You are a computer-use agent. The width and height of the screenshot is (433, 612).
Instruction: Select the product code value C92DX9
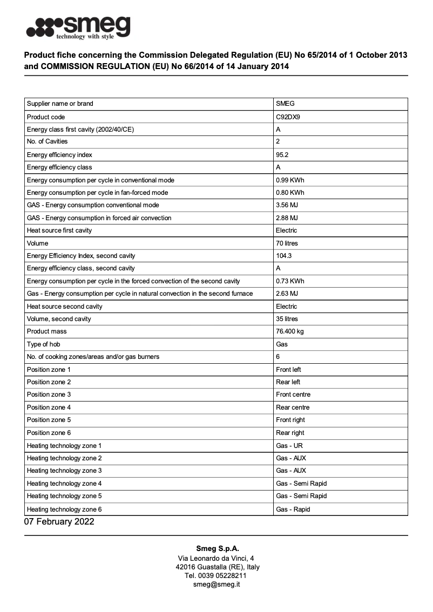click(x=288, y=117)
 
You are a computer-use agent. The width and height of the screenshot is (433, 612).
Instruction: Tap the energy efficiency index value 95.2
click(x=282, y=155)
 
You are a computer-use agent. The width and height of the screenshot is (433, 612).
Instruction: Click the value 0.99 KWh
click(x=290, y=180)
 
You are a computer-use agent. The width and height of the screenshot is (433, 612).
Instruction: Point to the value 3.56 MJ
click(x=287, y=205)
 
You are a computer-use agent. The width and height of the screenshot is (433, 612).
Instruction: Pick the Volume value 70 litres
click(x=287, y=243)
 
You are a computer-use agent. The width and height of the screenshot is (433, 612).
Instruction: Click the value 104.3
click(x=284, y=256)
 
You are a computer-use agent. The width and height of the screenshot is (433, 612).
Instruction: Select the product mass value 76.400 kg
click(x=292, y=331)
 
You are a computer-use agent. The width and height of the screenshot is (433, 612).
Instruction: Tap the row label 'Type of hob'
click(x=43, y=344)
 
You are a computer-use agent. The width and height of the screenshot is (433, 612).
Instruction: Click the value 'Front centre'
click(x=293, y=395)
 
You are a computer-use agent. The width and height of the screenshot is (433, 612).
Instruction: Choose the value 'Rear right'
click(x=290, y=433)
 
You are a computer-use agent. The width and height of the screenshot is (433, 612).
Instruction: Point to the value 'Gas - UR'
click(x=289, y=446)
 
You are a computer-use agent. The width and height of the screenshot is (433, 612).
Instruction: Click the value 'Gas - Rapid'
click(x=293, y=509)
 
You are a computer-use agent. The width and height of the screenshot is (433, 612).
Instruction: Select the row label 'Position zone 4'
click(x=49, y=407)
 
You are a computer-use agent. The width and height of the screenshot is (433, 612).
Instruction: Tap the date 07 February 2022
click(x=59, y=522)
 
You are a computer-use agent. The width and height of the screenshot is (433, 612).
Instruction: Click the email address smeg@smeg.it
click(x=216, y=584)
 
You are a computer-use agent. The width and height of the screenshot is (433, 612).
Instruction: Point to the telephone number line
click(x=216, y=576)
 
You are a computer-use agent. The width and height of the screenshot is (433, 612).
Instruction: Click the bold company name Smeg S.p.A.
click(x=216, y=548)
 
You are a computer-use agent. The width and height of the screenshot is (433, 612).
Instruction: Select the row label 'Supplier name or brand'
click(x=60, y=104)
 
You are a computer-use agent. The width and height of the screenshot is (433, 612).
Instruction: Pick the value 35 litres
click(x=287, y=319)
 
